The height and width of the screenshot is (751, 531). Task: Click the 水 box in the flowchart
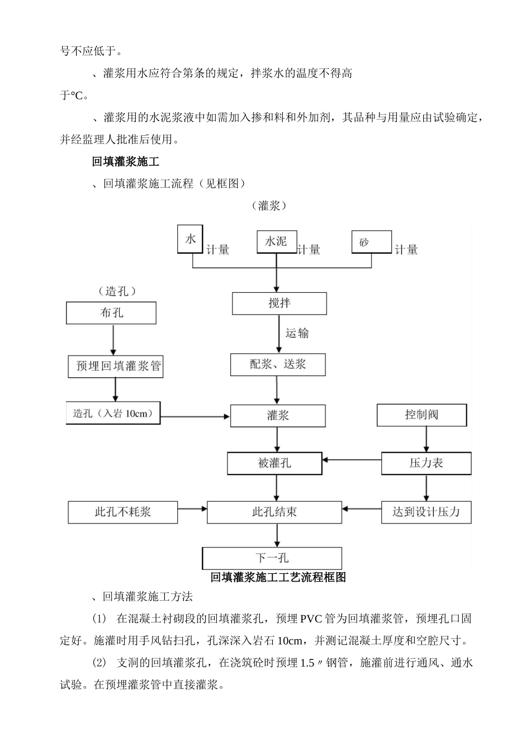pos(190,239)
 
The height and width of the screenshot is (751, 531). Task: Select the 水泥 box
pos(276,241)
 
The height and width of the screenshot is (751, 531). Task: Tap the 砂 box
pos(371,243)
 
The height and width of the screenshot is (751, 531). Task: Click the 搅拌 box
pos(279,303)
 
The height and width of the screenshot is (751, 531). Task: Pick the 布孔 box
pos(111,313)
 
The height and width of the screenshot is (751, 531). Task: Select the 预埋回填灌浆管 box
pos(116,367)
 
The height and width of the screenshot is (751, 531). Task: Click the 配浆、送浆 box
pos(278,365)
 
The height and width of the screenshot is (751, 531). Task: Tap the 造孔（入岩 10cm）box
pos(113,413)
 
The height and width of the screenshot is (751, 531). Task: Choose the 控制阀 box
pos(421,415)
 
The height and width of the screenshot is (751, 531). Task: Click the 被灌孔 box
pos(274,463)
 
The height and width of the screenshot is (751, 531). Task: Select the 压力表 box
pos(426,463)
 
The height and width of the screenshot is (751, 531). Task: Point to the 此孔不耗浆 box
pos(123,512)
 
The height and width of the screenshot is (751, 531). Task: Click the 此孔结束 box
pos(274,512)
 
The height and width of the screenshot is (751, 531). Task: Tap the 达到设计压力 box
pos(426,512)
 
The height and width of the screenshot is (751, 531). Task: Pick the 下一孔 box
pos(272,558)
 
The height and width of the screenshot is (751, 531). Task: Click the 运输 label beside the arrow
pos(297,334)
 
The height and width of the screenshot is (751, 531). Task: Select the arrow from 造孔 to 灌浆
pos(195,416)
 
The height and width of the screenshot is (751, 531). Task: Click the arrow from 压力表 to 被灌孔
pos(352,460)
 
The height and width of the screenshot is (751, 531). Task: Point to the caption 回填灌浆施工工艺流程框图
pos(278,577)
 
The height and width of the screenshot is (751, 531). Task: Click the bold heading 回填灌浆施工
pos(126,162)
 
